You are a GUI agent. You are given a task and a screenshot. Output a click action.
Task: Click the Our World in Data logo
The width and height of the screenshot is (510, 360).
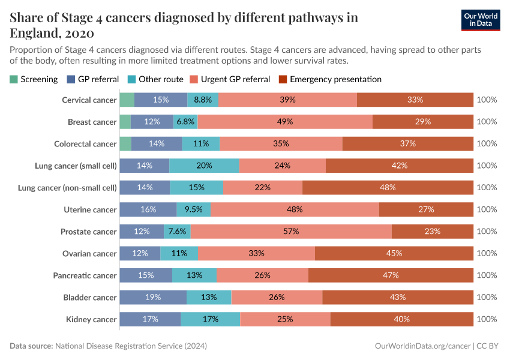(x=481, y=19)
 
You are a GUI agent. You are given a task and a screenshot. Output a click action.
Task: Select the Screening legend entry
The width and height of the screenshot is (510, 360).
(x=34, y=79)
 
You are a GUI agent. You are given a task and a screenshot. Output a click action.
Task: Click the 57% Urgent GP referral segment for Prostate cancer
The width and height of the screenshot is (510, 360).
(x=291, y=232)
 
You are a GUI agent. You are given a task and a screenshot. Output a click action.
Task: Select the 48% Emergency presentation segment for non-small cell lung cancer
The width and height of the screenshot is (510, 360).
(x=388, y=188)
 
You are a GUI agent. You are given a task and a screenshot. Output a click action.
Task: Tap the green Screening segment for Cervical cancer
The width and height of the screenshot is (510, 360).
(x=127, y=100)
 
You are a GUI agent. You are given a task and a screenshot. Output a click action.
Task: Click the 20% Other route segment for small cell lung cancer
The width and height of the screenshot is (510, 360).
(x=204, y=166)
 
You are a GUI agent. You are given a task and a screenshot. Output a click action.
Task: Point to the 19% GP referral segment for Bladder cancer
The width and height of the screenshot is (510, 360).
(x=153, y=297)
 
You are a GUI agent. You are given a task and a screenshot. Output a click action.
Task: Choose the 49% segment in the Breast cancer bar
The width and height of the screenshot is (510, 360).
(x=285, y=122)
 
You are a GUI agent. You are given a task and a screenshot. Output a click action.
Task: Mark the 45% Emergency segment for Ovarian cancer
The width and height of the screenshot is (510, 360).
(x=394, y=253)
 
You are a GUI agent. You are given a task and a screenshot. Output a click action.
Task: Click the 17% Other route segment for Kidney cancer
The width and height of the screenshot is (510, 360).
(x=210, y=319)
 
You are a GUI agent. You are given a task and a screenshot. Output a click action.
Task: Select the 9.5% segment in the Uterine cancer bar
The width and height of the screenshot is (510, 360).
(x=194, y=209)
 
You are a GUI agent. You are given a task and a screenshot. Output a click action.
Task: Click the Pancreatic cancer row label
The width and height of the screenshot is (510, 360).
(x=89, y=275)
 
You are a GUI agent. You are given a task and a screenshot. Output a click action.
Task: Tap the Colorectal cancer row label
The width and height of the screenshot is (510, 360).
(x=85, y=144)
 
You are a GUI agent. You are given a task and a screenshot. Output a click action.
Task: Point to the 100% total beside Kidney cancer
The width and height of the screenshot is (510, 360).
(x=487, y=319)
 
